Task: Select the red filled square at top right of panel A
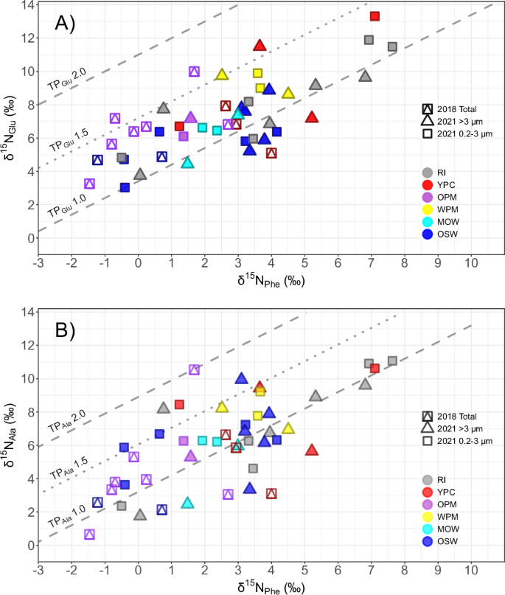[x=375, y=16]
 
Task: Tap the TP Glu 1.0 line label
[x=66, y=204]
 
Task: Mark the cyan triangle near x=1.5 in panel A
[x=188, y=163]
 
